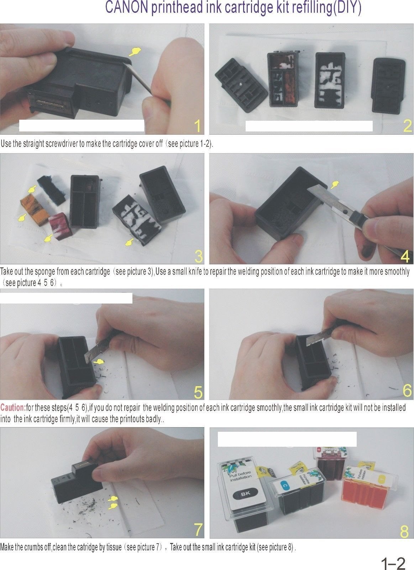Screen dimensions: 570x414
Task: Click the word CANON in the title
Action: coord(127,8)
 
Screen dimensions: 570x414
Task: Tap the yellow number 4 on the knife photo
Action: coord(405,256)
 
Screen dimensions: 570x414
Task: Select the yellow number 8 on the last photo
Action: coord(404,531)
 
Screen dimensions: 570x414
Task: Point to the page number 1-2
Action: coord(393,563)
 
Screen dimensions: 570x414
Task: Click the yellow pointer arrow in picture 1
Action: coord(135,52)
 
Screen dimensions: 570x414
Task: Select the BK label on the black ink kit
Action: coord(245,494)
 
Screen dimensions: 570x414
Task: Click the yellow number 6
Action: coord(407,390)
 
